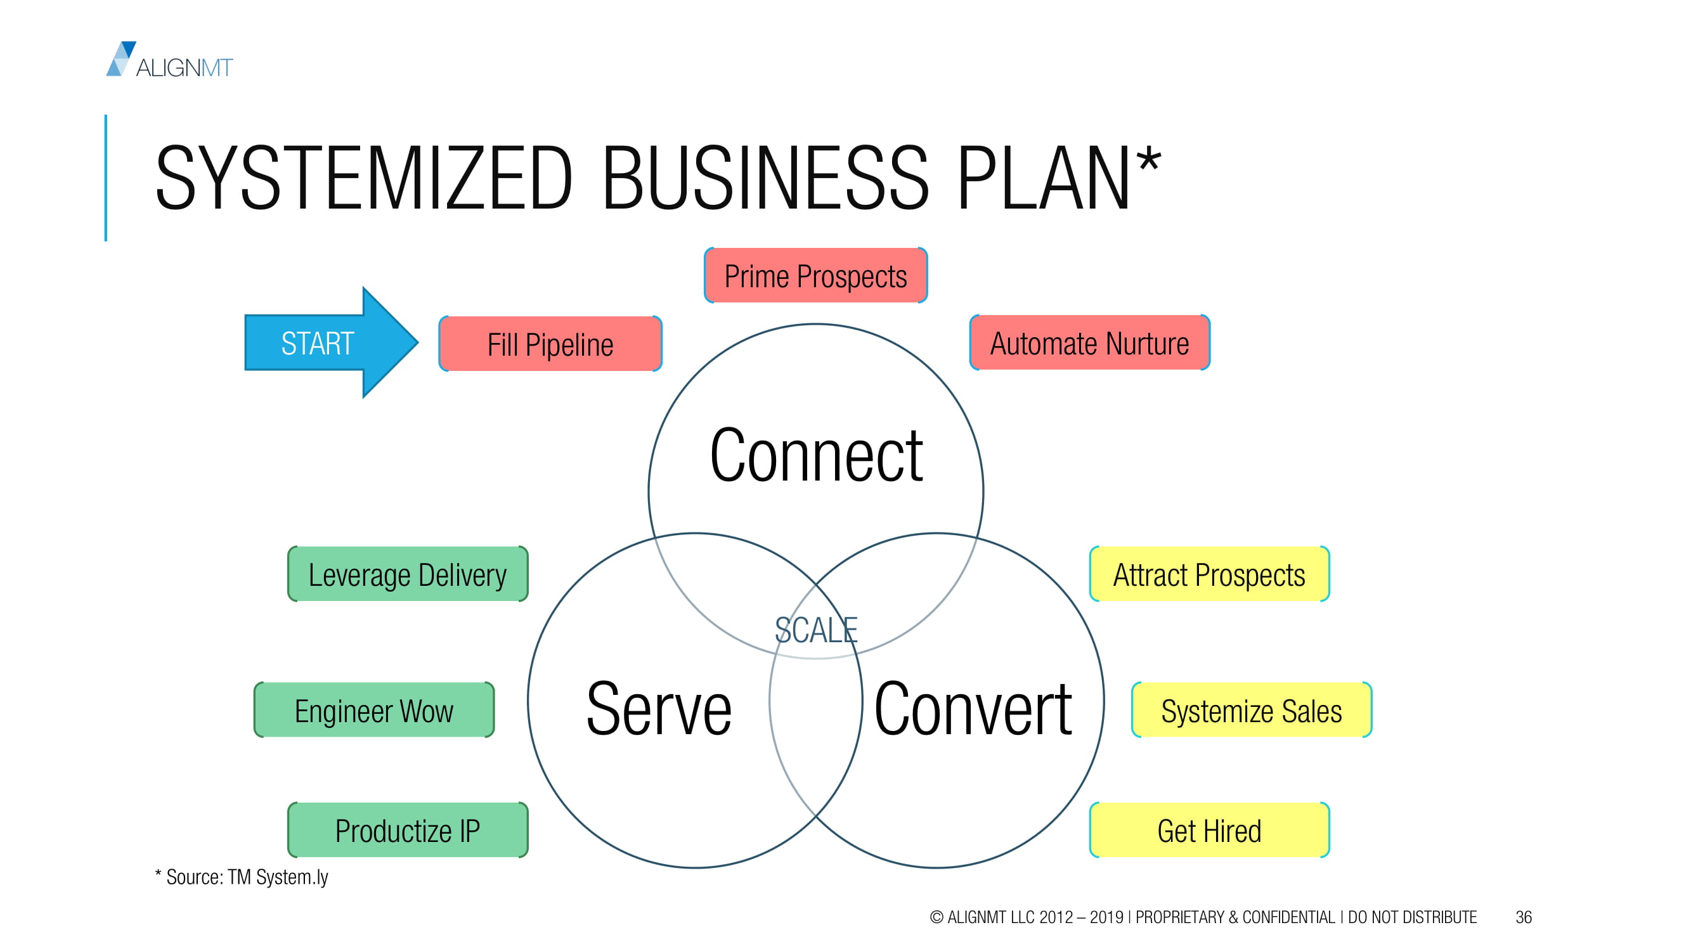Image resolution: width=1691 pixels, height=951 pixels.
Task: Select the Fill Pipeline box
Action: click(x=550, y=344)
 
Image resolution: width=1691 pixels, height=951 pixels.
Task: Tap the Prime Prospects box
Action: click(x=815, y=276)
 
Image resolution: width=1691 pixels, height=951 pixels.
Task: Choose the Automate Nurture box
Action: click(x=1090, y=342)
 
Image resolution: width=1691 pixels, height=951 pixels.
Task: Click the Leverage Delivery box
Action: click(x=408, y=574)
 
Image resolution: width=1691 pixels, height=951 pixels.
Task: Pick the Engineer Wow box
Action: click(x=374, y=710)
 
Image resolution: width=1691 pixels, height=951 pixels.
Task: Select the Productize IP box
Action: click(x=408, y=831)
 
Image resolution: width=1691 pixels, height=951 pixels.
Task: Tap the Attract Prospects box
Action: click(x=1209, y=574)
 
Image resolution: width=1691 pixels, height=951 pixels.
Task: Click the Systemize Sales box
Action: click(x=1251, y=710)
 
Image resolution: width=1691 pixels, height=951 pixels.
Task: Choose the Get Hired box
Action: click(x=1209, y=831)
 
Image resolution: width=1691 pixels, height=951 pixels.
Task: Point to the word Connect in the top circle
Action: click(x=816, y=455)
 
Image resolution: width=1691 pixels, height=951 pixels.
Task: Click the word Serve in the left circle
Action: click(x=658, y=709)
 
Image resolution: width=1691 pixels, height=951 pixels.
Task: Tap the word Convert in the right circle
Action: click(x=973, y=709)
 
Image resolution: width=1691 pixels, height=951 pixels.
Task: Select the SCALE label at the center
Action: click(x=816, y=630)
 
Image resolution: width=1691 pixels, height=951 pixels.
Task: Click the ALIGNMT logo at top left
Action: click(x=169, y=60)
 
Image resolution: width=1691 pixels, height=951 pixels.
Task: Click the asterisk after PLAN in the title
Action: click(x=1149, y=160)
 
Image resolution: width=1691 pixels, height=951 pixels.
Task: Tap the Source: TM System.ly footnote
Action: click(x=241, y=877)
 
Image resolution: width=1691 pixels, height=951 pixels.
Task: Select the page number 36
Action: click(x=1524, y=917)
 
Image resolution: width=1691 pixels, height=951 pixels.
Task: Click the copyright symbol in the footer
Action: click(x=936, y=917)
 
